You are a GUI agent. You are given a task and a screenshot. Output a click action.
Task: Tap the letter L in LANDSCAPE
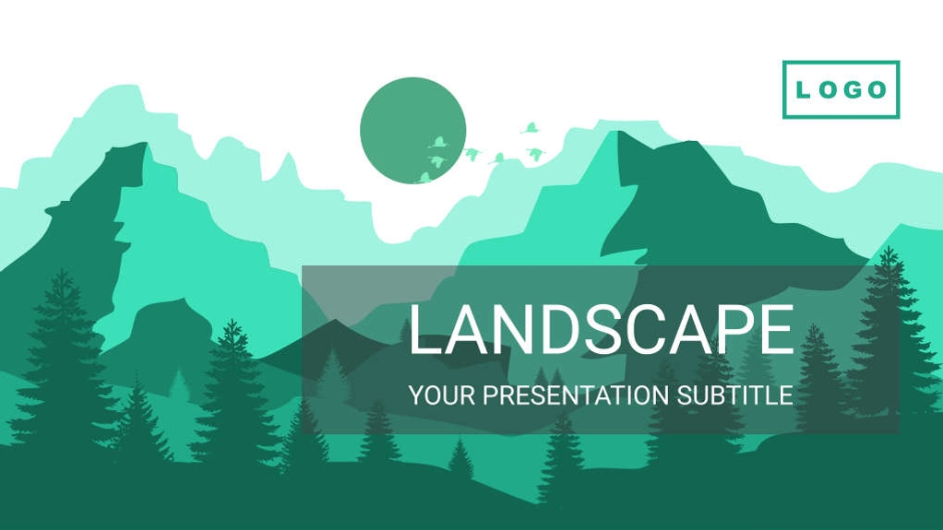pos(424,329)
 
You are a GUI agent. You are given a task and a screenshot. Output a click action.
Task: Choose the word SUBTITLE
pos(734,395)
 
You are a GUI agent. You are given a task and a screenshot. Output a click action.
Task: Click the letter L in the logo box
pos(803,90)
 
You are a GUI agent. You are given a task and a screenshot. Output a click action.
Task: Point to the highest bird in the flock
pos(530,127)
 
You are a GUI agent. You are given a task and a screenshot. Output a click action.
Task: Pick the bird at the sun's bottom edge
pos(424,178)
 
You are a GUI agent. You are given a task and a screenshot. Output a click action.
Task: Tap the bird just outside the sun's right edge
pos(471,153)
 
